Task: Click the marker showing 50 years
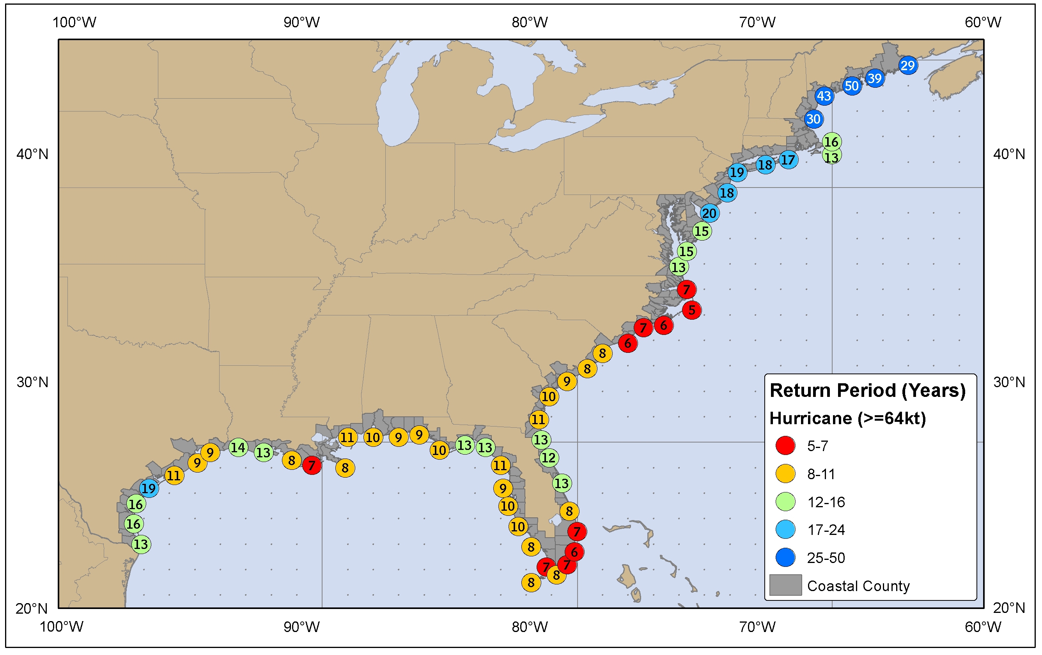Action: [x=852, y=86]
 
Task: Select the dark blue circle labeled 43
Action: [x=824, y=96]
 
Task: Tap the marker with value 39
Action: [x=875, y=78]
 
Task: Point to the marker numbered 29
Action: [x=908, y=65]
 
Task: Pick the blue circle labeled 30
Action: [x=813, y=119]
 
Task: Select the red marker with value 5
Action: [x=691, y=310]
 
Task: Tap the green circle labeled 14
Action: [x=238, y=447]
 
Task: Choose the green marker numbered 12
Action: [x=549, y=457]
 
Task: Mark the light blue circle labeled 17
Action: [x=788, y=159]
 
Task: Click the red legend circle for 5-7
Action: [x=785, y=446]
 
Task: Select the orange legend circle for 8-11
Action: [x=785, y=474]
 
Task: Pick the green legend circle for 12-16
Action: [x=785, y=502]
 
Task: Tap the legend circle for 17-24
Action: [x=785, y=529]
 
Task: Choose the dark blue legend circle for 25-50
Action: [x=785, y=558]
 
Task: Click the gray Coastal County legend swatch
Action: [x=785, y=585]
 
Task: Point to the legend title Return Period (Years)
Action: [x=868, y=390]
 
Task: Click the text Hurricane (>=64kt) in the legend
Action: [x=848, y=418]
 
